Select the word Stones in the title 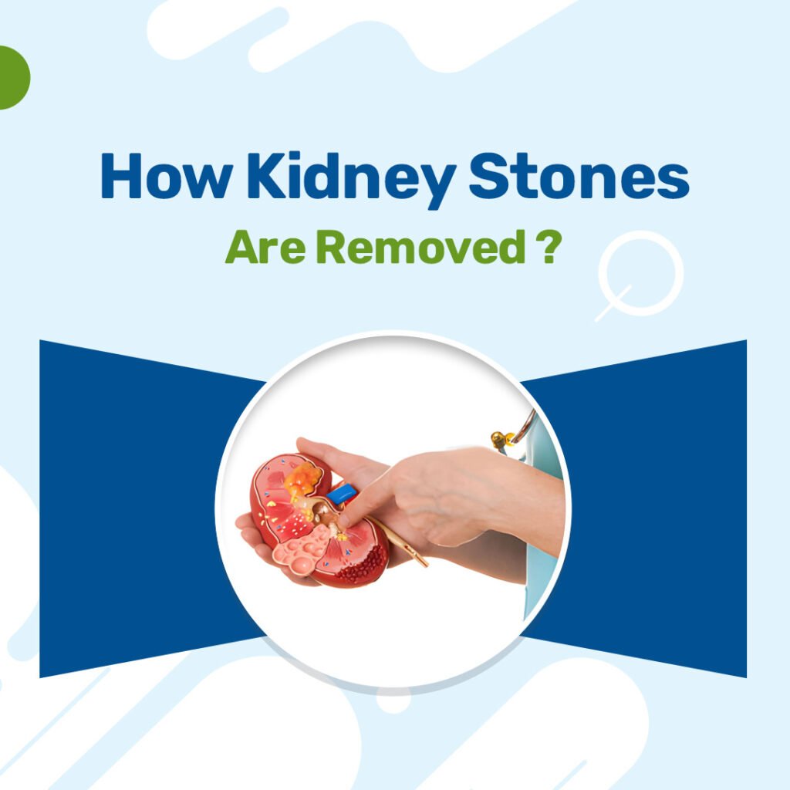tap(579, 177)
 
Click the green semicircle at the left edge tap(12, 77)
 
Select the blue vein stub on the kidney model tap(342, 495)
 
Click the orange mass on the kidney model tap(303, 481)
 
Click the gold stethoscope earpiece tap(498, 441)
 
